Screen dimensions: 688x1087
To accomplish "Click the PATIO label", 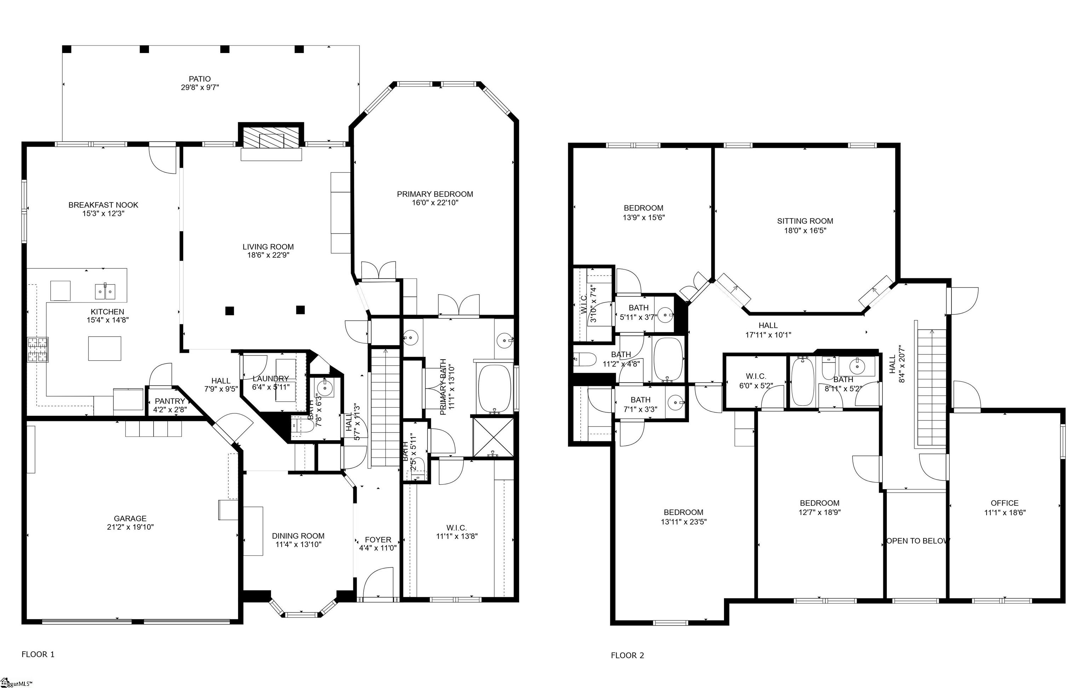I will tap(200, 79).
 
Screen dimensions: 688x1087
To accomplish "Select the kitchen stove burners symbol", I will tap(38, 350).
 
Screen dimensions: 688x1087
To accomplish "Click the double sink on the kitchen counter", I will tap(105, 292).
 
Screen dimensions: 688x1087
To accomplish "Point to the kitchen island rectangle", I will tap(105, 348).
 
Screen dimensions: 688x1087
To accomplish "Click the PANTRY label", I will tap(170, 401).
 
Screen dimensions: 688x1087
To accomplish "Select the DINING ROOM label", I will tap(298, 536).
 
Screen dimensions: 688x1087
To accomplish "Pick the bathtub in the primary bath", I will tap(495, 388).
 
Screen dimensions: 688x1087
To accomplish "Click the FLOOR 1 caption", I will tap(38, 654).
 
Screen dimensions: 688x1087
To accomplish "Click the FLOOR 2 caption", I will tap(627, 655).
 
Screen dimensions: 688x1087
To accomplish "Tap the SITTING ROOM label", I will tap(805, 221).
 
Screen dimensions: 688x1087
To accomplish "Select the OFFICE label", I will tap(1005, 503).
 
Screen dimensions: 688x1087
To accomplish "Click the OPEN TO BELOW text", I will tap(918, 541).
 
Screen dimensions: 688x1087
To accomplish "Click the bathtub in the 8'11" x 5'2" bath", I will tap(803, 382).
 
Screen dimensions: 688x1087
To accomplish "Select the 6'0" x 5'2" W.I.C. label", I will tap(756, 377).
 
